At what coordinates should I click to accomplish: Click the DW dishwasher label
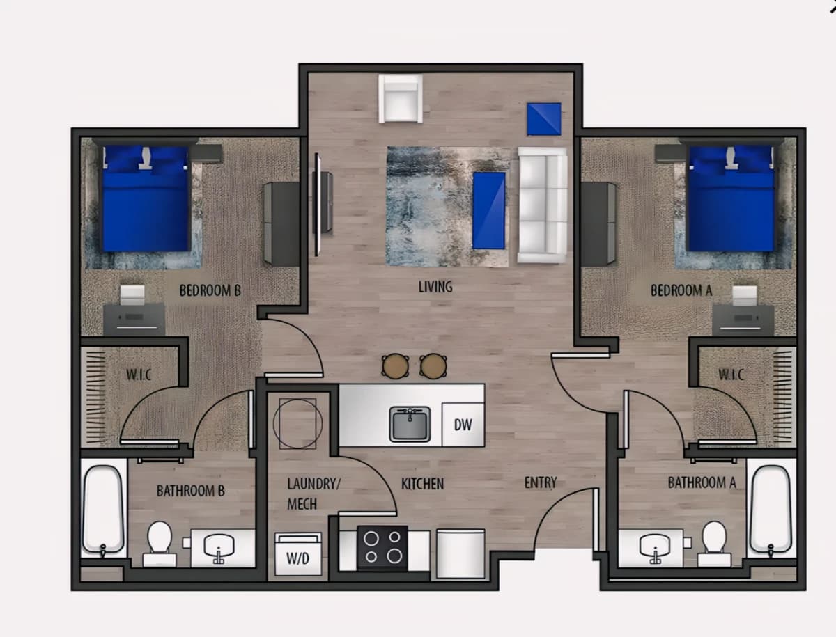[463, 425]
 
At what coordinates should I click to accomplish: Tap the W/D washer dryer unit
[298, 554]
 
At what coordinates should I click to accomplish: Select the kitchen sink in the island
[410, 424]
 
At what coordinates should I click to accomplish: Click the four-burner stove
[382, 549]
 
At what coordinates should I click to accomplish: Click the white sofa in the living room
[542, 205]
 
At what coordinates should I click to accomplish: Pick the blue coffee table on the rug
[489, 210]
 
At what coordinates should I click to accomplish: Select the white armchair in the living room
[401, 99]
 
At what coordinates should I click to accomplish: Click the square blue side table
[544, 119]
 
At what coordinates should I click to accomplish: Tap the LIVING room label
[435, 287]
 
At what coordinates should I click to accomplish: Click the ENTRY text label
[541, 483]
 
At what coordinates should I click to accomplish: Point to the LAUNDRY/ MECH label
[313, 494]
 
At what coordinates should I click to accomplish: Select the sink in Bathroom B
[219, 547]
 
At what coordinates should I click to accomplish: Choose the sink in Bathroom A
[655, 547]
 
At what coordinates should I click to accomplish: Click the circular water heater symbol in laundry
[298, 423]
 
